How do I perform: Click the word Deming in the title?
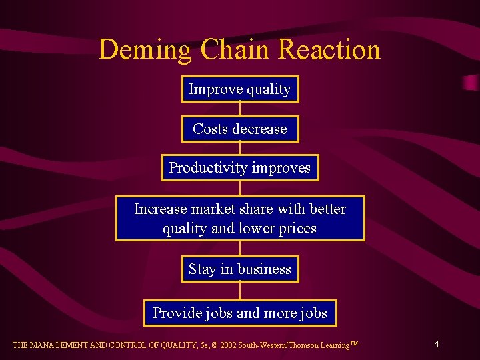(x=145, y=49)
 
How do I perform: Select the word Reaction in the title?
(x=329, y=49)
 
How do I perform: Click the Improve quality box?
(x=240, y=89)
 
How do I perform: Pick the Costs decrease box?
(x=240, y=129)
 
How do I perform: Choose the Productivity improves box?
(x=240, y=168)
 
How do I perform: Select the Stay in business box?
(x=240, y=269)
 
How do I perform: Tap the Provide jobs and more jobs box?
(x=240, y=313)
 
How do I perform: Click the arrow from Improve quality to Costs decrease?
(x=240, y=109)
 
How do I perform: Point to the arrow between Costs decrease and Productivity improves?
(x=240, y=148)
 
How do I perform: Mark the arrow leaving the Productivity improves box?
(x=240, y=188)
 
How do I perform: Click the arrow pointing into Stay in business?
(x=240, y=248)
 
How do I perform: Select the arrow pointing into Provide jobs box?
(x=240, y=291)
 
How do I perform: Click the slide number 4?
(x=436, y=345)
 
